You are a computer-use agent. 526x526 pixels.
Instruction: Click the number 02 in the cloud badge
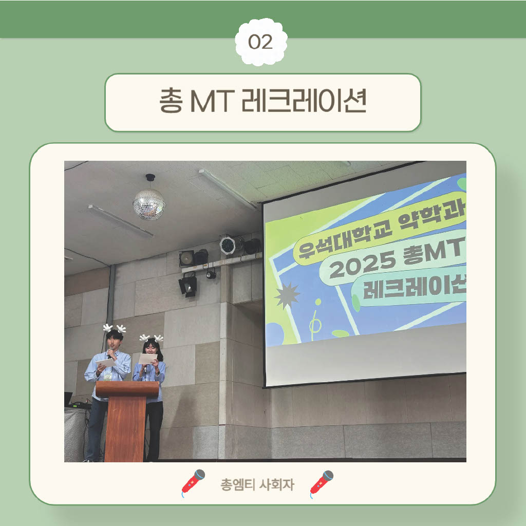tap(260, 42)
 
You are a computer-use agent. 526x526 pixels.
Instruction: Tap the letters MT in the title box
tap(212, 101)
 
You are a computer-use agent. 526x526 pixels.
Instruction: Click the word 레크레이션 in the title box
tap(304, 100)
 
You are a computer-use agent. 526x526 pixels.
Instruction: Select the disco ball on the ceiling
tap(149, 204)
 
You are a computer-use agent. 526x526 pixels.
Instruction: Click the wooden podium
tap(126, 421)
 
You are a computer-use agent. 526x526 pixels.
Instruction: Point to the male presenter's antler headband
tap(115, 328)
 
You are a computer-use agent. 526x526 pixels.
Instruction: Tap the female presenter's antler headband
tap(152, 338)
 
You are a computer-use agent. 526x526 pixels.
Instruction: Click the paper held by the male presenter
tap(105, 363)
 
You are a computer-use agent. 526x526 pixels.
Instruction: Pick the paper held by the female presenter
tap(147, 358)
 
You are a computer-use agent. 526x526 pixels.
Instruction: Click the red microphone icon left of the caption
tap(193, 483)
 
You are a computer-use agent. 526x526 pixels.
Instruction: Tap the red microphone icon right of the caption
tap(322, 483)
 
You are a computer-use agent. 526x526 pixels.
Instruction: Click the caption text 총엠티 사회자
tap(257, 484)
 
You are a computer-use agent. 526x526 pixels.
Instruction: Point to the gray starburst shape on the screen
tap(287, 295)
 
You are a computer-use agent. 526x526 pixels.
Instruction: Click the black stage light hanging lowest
tap(188, 285)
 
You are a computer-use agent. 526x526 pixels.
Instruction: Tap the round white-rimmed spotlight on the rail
tap(228, 245)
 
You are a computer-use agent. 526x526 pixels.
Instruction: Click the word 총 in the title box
tap(171, 100)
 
